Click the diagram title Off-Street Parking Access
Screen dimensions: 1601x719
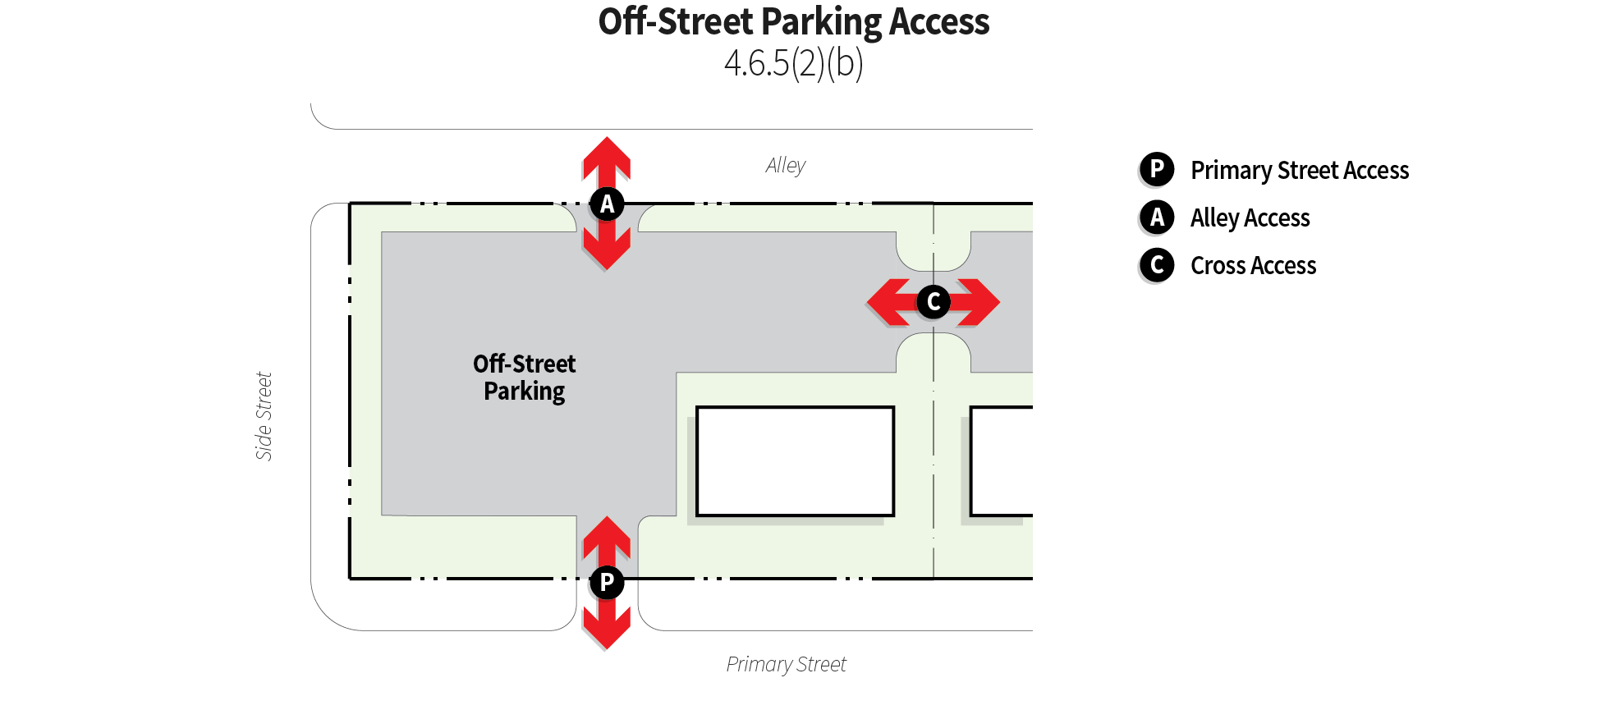pos(794,22)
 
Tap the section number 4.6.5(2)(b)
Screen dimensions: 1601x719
pos(794,63)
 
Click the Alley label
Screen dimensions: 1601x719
pos(786,166)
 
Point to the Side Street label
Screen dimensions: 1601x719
pos(264,416)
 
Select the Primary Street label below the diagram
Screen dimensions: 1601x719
pos(786,664)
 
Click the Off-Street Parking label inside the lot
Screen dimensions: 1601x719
pos(525,378)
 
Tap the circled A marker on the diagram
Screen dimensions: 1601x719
pos(607,204)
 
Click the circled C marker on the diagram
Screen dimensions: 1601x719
pos(934,302)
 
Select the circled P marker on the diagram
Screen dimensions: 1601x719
pos(607,583)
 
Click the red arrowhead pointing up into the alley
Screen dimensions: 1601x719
pos(607,156)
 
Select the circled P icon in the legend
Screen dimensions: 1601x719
pos(1157,170)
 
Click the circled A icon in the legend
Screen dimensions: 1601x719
pos(1157,218)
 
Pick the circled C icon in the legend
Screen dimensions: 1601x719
pos(1157,265)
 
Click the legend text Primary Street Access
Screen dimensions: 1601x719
pos(1300,171)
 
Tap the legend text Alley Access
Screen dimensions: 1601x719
pos(1250,218)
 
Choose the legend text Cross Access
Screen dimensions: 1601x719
pos(1254,266)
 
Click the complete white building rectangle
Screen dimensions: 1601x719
pos(795,461)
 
